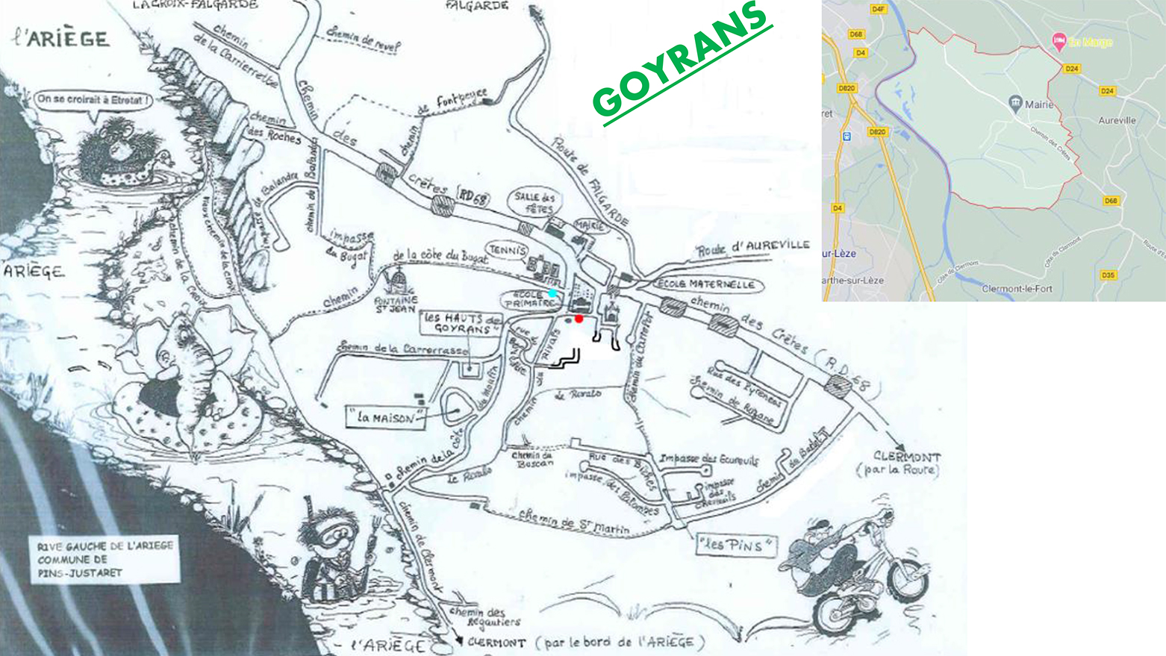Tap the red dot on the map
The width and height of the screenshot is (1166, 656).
tap(579, 319)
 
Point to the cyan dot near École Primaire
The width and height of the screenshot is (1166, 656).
tap(552, 293)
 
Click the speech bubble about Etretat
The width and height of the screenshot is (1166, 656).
tap(93, 99)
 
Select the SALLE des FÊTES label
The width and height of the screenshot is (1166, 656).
tap(534, 202)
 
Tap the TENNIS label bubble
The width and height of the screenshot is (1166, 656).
tap(508, 251)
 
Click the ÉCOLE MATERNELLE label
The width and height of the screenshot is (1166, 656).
tap(705, 284)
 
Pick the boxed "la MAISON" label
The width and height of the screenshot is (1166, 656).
tap(385, 417)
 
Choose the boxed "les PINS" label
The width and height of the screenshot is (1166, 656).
tap(735, 545)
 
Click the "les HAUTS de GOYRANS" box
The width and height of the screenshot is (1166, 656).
tap(463, 322)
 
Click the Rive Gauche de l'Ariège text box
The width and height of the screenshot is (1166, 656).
tap(105, 559)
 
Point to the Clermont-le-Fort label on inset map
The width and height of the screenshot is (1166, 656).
tap(1017, 289)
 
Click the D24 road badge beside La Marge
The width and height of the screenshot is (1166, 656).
tap(1072, 69)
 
